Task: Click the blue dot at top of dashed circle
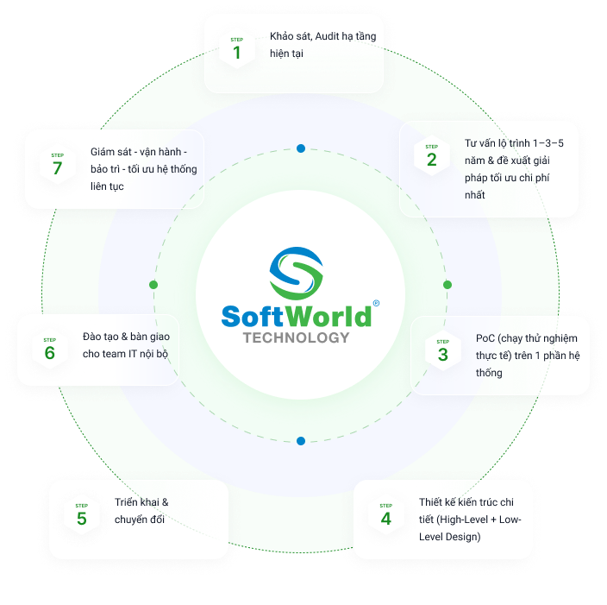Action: coord(301,148)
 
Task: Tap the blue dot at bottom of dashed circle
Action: coord(301,441)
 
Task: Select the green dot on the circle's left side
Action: coord(153,285)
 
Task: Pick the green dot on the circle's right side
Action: coord(447,285)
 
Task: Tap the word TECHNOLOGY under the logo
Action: coord(296,337)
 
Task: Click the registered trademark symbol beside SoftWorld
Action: coord(375,304)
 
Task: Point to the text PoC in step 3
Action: coord(485,338)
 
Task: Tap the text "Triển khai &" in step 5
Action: coord(141,502)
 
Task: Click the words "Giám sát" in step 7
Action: coord(110,152)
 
